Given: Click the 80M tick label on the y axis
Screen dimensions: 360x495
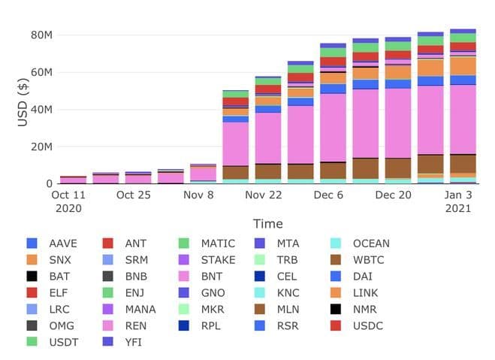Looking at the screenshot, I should tap(40, 35).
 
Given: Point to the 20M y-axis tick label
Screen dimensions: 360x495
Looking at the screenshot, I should tap(40, 146).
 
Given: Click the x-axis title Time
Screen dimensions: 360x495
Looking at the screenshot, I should tap(267, 223).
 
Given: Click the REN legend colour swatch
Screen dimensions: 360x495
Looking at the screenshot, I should tap(107, 326).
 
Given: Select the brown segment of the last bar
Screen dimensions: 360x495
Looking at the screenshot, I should tap(463, 164).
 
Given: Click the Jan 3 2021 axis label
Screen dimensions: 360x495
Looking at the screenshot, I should tap(457, 201).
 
